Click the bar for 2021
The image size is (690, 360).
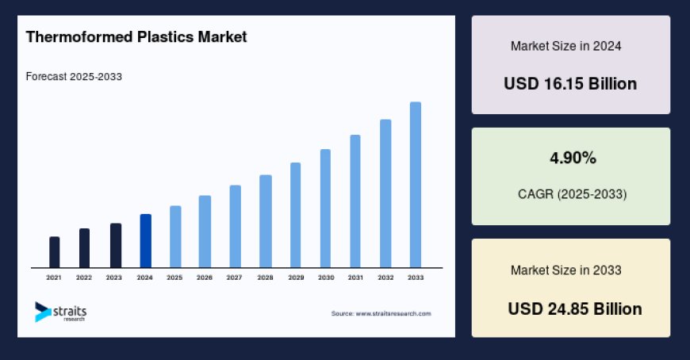(54, 252)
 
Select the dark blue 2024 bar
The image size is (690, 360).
(145, 241)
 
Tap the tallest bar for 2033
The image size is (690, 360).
(415, 185)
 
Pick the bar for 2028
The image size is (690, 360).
(266, 221)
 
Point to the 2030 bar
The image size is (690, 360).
(325, 209)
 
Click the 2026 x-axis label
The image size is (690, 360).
(205, 278)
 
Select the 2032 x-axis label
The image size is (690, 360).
(385, 278)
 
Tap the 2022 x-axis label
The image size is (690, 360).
(84, 278)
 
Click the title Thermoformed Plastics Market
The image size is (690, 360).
(136, 36)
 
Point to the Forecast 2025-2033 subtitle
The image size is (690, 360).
(74, 77)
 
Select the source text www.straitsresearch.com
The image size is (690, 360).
(381, 313)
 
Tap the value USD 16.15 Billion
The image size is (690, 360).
(570, 83)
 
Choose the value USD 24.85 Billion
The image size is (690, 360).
(575, 308)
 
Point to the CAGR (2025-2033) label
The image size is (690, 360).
(571, 194)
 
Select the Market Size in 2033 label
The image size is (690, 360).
(565, 270)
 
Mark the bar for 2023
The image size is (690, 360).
(115, 246)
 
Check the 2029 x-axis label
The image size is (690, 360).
(295, 278)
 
